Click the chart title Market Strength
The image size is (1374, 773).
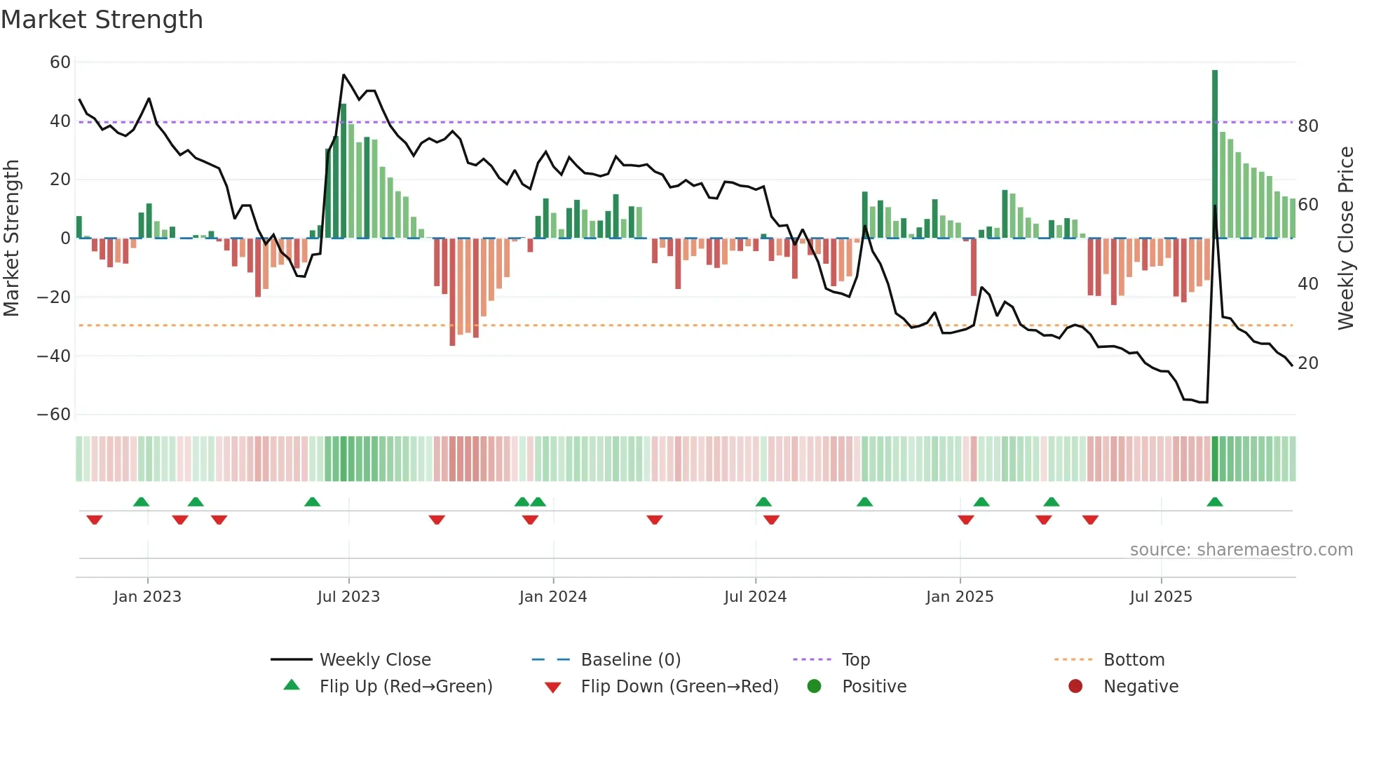click(102, 20)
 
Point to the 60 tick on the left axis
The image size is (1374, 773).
click(60, 62)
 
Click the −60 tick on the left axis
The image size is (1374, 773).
click(54, 415)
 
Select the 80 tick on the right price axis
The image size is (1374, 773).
click(1308, 126)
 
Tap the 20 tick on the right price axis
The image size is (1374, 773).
click(1308, 363)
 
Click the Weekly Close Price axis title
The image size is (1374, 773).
click(1345, 238)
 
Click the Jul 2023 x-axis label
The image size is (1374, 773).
click(348, 597)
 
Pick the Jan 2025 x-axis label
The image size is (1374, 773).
click(960, 597)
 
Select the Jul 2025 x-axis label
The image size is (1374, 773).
click(1161, 597)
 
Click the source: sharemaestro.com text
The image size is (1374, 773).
click(1241, 550)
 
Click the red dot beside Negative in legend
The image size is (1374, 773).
click(1075, 686)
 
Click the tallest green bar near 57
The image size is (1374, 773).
click(1215, 154)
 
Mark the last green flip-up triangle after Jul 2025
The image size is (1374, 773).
click(1215, 502)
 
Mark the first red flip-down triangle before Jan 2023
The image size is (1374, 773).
click(95, 520)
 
